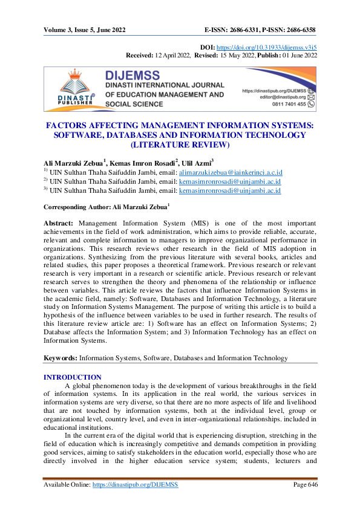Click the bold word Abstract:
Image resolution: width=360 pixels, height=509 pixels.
click(x=61, y=223)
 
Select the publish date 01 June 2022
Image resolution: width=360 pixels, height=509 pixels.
click(x=296, y=54)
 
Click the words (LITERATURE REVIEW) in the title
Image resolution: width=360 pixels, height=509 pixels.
click(x=180, y=146)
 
